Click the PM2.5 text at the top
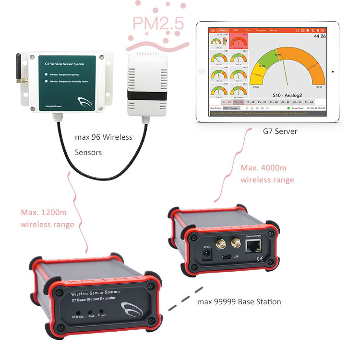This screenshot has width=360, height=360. click(157, 24)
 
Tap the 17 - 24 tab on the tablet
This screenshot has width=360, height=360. click(250, 102)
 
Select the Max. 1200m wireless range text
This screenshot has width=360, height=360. click(47, 218)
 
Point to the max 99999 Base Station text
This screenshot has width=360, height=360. click(239, 302)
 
